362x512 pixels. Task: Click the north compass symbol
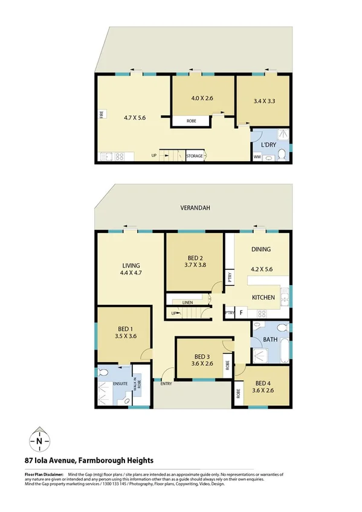39,440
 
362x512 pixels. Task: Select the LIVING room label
131,265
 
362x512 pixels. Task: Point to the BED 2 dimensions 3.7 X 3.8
195,264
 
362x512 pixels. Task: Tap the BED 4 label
263,383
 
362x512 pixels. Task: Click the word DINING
261,249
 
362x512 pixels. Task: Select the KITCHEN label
263,297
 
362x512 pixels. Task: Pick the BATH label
270,339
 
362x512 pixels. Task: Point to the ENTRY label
165,385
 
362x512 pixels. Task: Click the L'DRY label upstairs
269,147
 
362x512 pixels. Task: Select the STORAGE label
195,156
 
